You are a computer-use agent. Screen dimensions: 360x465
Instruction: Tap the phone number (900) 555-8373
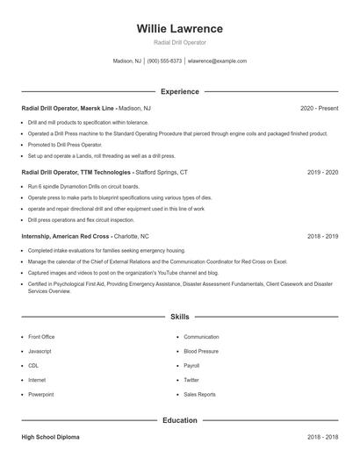coord(165,61)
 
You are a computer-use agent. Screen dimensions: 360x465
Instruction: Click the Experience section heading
coord(180,91)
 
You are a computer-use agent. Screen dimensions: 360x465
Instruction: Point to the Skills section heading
coord(180,316)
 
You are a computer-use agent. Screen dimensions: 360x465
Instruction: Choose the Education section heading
coord(180,420)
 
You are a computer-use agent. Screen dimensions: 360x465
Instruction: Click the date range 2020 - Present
coord(319,108)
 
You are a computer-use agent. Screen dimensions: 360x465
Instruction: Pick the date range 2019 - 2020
coord(322,173)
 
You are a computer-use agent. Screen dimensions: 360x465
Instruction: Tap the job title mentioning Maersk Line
coord(68,108)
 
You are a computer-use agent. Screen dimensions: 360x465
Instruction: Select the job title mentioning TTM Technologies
coord(77,173)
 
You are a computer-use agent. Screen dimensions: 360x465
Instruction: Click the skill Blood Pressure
coord(201,351)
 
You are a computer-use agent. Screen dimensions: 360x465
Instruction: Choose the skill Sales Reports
coord(200,395)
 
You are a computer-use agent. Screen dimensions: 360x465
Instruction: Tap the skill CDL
coord(33,365)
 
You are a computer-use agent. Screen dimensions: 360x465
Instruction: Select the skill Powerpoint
coord(42,395)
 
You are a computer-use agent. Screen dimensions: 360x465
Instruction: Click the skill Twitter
coord(191,380)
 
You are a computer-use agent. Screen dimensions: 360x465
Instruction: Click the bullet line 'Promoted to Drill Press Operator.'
coord(65,145)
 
